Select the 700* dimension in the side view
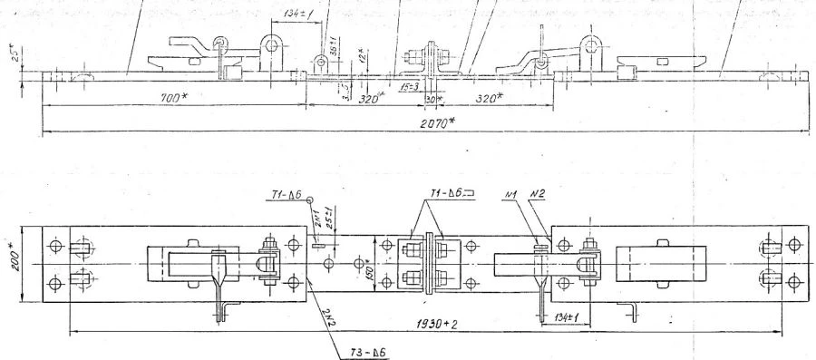click(x=166, y=96)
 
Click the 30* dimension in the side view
click(x=432, y=97)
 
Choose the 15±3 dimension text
click(x=410, y=85)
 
